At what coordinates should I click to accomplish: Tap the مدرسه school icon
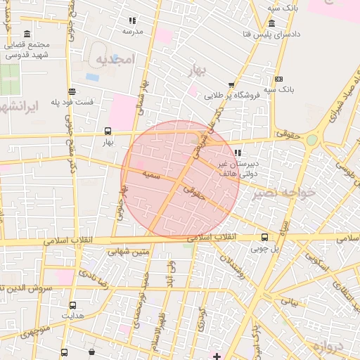[132, 20]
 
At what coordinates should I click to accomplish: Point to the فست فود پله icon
[72, 91]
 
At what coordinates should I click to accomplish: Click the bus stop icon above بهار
[108, 130]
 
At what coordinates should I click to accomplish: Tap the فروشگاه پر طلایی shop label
[233, 94]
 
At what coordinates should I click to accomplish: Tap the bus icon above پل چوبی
[264, 237]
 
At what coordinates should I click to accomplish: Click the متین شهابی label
[131, 251]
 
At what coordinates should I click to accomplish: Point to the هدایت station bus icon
[72, 305]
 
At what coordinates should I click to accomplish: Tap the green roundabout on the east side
[311, 140]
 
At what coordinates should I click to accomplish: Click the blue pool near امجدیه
[93, 77]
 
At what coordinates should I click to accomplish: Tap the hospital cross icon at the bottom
[217, 356]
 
